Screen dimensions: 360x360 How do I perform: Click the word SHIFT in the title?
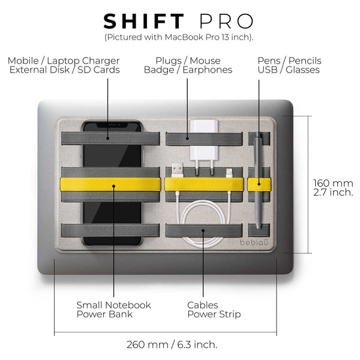click(x=144, y=21)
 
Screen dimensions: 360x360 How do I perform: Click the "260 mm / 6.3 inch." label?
click(x=172, y=344)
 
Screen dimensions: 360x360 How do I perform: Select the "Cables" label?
click(x=203, y=305)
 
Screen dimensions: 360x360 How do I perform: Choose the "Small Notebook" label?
click(x=113, y=305)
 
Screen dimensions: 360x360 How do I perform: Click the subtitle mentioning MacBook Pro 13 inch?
click(x=179, y=37)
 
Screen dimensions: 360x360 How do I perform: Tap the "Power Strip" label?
click(x=214, y=314)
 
